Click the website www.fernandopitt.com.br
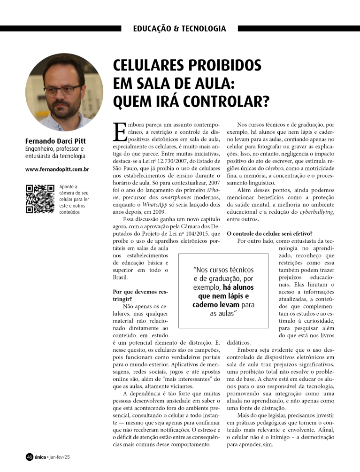tap(57, 168)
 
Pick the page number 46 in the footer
tap(29, 457)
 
